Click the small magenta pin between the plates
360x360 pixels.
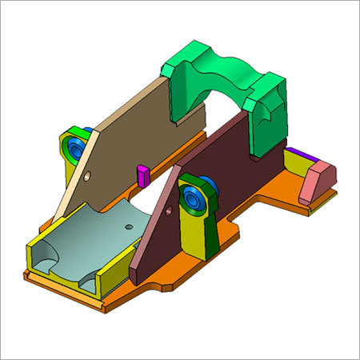(142, 175)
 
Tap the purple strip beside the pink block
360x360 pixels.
(298, 152)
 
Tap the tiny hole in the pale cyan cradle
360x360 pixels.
(127, 226)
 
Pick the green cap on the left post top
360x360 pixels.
(72, 132)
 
